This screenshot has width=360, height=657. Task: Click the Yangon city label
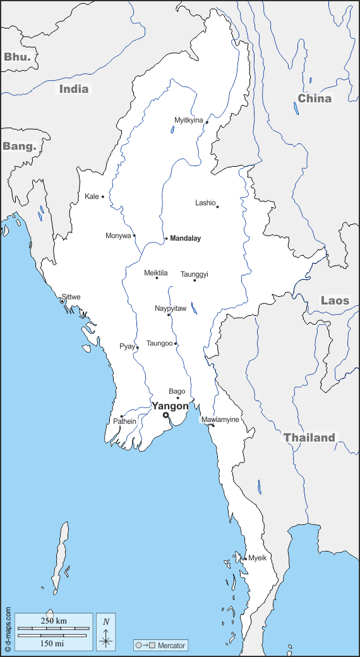click(x=170, y=406)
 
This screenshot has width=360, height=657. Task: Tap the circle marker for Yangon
click(x=165, y=415)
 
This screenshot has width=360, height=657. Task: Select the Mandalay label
click(x=186, y=238)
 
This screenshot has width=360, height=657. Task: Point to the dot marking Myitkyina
click(x=207, y=123)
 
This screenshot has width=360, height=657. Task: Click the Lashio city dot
click(x=217, y=207)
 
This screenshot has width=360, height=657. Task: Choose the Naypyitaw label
click(x=171, y=308)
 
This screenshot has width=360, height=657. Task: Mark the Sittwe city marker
click(x=62, y=301)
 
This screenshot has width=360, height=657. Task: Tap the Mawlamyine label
click(x=220, y=419)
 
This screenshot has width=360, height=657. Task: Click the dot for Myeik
click(x=245, y=558)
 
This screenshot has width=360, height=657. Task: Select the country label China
click(x=315, y=98)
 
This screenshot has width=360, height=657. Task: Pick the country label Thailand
click(x=309, y=437)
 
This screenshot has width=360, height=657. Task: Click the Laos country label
click(x=335, y=300)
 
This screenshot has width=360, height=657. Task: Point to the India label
click(x=74, y=88)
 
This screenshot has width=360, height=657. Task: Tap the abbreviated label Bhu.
click(x=16, y=57)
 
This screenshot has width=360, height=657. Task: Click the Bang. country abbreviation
click(x=19, y=146)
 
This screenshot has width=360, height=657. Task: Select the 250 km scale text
click(x=53, y=620)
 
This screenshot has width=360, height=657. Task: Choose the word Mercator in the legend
click(x=172, y=646)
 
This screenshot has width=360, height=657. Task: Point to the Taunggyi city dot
click(x=195, y=280)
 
